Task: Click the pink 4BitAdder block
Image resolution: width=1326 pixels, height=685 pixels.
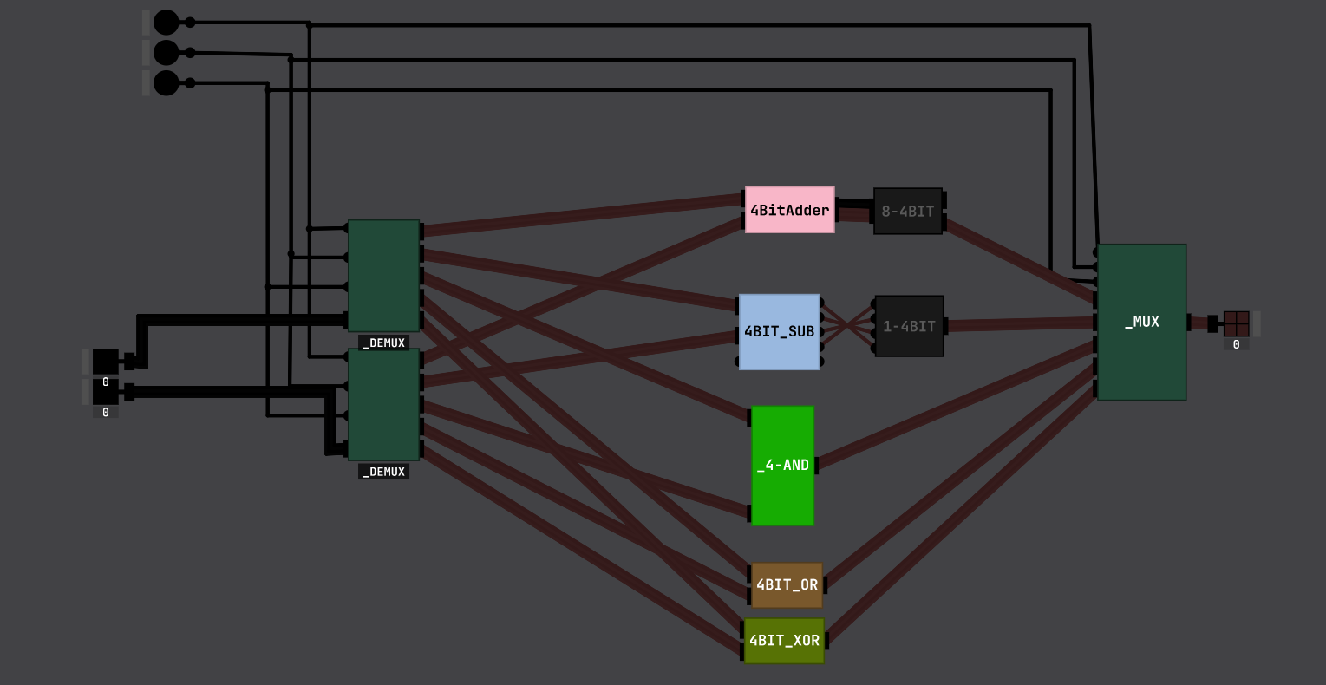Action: pyautogui.click(x=789, y=210)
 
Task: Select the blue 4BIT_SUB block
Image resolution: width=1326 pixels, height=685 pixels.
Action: pyautogui.click(x=779, y=331)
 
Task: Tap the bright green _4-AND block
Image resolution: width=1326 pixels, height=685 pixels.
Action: pyautogui.click(x=782, y=466)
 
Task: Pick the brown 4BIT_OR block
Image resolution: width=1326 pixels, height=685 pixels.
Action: pyautogui.click(x=787, y=585)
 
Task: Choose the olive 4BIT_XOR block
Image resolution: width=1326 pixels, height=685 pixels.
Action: pyautogui.click(x=784, y=641)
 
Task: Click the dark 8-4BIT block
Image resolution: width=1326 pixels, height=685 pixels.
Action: pyautogui.click(x=908, y=211)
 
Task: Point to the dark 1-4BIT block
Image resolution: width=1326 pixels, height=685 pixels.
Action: pyautogui.click(x=909, y=326)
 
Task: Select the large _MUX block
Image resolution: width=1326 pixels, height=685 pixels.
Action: pyautogui.click(x=1141, y=322)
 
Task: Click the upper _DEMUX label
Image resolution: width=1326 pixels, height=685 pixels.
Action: pyautogui.click(x=383, y=342)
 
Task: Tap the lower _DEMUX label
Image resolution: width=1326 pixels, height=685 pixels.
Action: pyautogui.click(x=383, y=472)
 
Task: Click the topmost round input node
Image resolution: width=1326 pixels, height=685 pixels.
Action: pyautogui.click(x=166, y=23)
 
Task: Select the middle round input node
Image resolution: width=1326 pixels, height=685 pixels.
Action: pyautogui.click(x=166, y=53)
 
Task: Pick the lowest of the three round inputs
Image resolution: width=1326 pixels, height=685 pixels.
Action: pyautogui.click(x=166, y=83)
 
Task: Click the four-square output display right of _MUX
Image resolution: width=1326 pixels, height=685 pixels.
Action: pyautogui.click(x=1236, y=323)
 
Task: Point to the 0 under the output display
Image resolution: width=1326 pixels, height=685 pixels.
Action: pyautogui.click(x=1236, y=344)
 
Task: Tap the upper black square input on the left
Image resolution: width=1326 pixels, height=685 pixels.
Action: pyautogui.click(x=106, y=361)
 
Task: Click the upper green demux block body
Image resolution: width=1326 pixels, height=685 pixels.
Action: pyautogui.click(x=383, y=276)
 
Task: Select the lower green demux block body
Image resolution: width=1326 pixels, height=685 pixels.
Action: pyautogui.click(x=383, y=405)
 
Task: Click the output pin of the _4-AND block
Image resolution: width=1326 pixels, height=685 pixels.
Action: pyautogui.click(x=817, y=466)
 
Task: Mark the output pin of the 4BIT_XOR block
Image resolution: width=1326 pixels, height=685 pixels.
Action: pyautogui.click(x=826, y=641)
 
